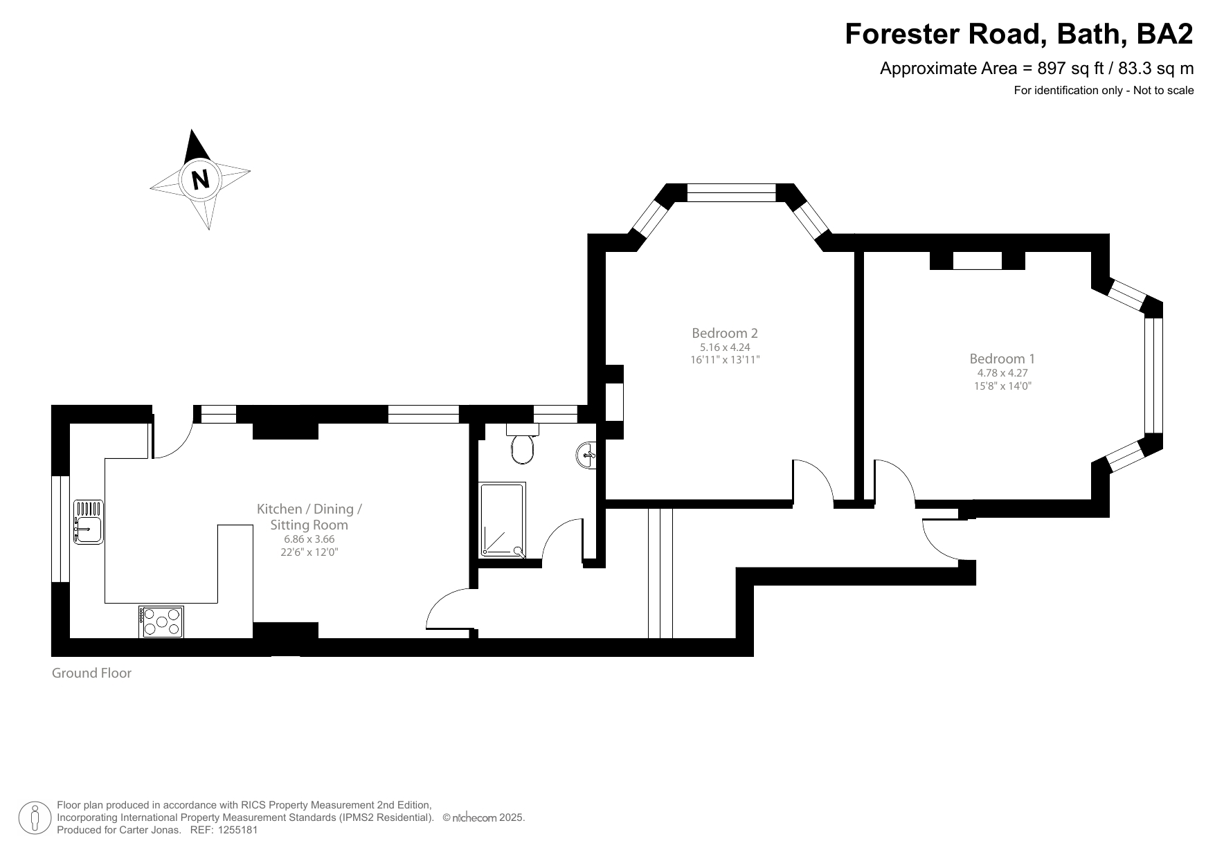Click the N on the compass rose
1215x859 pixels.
click(x=200, y=179)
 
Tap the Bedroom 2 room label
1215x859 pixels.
click(x=725, y=333)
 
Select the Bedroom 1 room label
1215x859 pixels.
click(x=1002, y=359)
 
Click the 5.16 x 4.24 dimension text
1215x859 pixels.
click(x=725, y=347)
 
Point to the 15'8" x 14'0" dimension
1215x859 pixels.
click(x=1002, y=386)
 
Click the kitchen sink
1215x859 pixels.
click(x=88, y=522)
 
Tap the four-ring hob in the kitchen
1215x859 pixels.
click(x=161, y=622)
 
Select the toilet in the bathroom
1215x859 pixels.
click(x=523, y=446)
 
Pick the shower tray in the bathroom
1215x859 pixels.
click(x=503, y=520)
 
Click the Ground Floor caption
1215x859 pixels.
click(x=91, y=673)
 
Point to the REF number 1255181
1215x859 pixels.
click(x=237, y=830)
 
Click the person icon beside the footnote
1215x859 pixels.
click(x=35, y=817)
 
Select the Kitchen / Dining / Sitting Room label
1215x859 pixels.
click(x=309, y=516)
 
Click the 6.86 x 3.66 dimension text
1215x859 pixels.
click(x=309, y=539)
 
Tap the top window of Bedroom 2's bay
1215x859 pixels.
click(x=731, y=192)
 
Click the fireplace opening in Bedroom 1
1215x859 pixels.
click(x=977, y=261)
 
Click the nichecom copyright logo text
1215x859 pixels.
click(x=478, y=818)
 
